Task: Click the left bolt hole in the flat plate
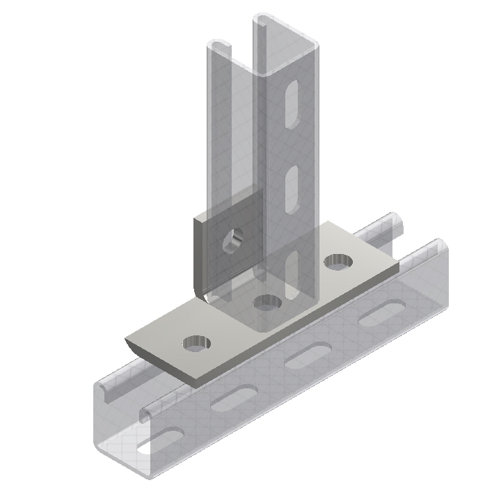coord(196,342)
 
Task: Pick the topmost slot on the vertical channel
coord(292,104)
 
